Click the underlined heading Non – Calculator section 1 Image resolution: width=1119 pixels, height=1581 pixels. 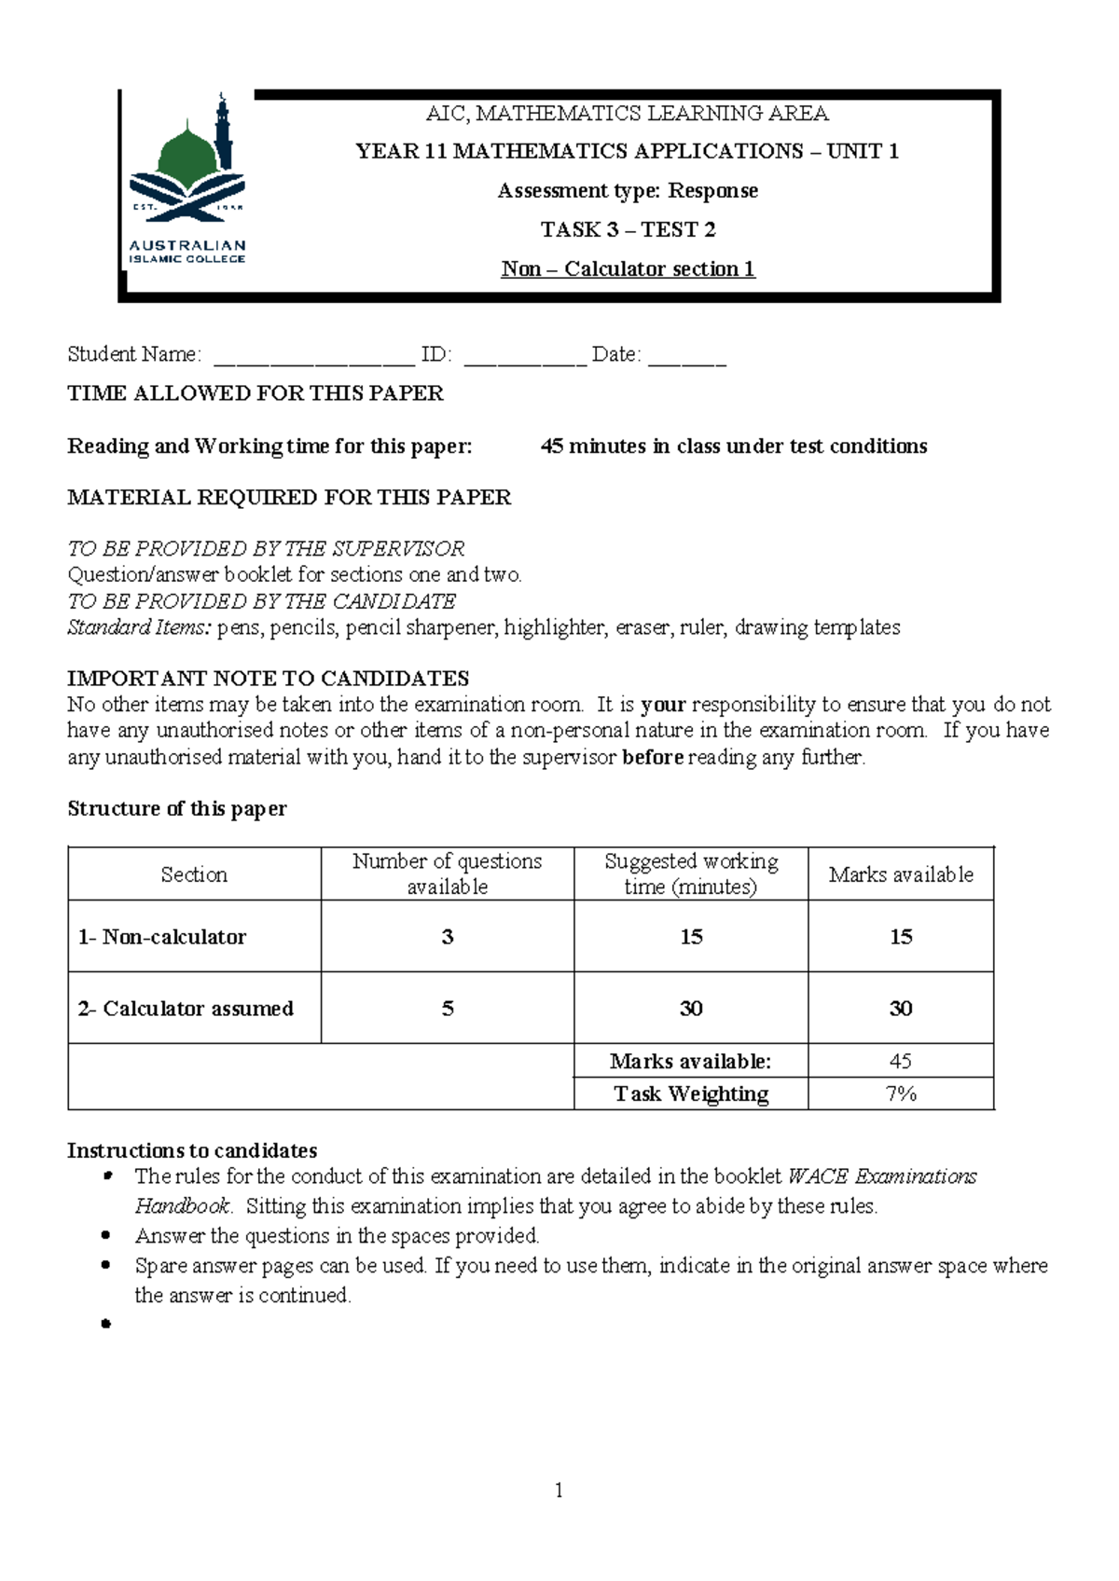click(628, 269)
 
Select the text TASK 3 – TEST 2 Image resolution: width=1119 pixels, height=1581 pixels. click(628, 229)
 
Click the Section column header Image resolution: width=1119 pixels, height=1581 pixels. click(194, 874)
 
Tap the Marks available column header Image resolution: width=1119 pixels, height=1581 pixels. click(900, 874)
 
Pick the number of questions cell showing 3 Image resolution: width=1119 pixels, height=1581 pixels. click(447, 937)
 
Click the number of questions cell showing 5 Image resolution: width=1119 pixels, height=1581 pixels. click(447, 1009)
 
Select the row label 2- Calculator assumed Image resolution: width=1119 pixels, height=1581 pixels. click(186, 1009)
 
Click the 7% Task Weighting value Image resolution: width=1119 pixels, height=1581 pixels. click(900, 1093)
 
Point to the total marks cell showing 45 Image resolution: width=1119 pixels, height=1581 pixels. click(900, 1061)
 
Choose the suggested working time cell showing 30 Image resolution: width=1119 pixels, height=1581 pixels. click(690, 1009)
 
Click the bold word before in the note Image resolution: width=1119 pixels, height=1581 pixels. click(653, 757)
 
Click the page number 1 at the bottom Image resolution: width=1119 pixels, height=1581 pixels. click(559, 1491)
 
